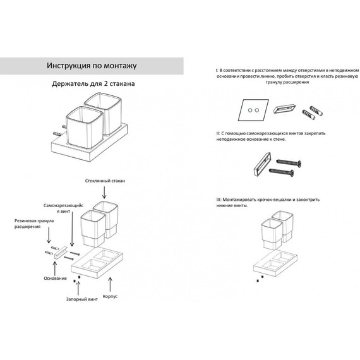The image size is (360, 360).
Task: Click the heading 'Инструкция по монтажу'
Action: point(92,66)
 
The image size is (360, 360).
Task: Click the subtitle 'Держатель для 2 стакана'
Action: point(93,83)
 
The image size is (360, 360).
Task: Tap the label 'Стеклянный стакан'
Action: point(105,181)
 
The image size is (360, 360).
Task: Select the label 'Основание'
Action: point(55,279)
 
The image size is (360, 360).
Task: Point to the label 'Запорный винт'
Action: point(82,299)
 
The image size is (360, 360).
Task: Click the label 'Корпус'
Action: point(110,296)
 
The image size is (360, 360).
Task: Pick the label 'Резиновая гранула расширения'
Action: point(34,224)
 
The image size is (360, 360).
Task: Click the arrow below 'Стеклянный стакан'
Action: point(104,193)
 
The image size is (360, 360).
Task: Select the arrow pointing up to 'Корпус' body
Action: point(110,284)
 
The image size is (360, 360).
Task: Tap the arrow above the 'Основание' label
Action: point(55,269)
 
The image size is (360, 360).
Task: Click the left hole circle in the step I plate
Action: point(250,110)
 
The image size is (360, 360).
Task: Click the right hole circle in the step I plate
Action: point(257,110)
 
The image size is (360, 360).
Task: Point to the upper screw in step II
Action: point(289,162)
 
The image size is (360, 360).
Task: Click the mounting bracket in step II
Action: point(263,164)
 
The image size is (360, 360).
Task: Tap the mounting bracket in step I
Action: point(284,109)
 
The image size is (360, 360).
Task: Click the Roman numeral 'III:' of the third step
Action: point(219,200)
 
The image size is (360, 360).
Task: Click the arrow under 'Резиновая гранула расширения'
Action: point(49,236)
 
